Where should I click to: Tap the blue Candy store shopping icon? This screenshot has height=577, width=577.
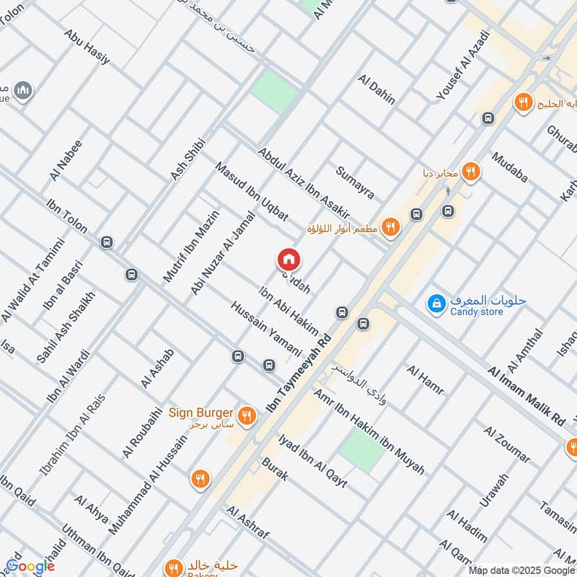point(436,304)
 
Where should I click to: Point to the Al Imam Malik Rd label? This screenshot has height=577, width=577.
point(527,396)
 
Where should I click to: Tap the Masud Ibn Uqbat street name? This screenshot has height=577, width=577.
point(252,192)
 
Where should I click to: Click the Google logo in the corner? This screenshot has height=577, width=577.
point(30,566)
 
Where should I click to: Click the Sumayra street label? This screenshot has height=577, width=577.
point(355,182)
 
